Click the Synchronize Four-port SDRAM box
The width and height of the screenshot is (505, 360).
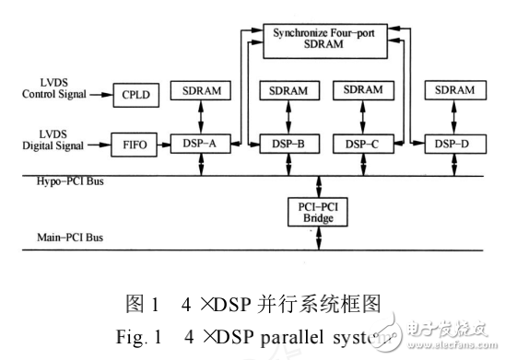tap(320, 40)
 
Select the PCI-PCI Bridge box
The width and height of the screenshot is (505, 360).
tap(318, 211)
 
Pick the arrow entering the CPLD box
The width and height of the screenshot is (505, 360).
tap(100, 93)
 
